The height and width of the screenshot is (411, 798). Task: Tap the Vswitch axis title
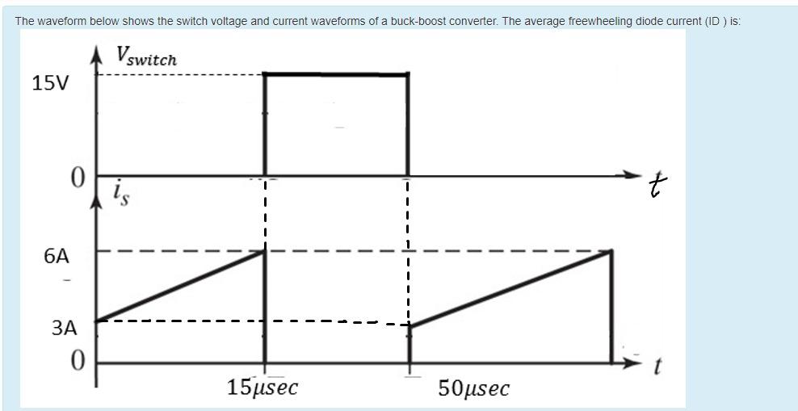pyautogui.click(x=146, y=57)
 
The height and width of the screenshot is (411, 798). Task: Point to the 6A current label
pyautogui.click(x=57, y=257)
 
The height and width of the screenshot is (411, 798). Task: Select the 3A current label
pyautogui.click(x=63, y=329)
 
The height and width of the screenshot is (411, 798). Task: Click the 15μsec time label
pyautogui.click(x=262, y=388)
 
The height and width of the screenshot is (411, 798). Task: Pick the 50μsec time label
pyautogui.click(x=473, y=388)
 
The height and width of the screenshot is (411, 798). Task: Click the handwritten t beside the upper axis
pyautogui.click(x=661, y=188)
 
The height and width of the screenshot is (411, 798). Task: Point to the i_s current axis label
pyautogui.click(x=120, y=193)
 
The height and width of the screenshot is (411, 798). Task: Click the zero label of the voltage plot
pyautogui.click(x=77, y=178)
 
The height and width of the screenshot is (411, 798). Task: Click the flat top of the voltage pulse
pyautogui.click(x=336, y=74)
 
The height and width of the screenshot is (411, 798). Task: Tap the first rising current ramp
pyautogui.click(x=181, y=286)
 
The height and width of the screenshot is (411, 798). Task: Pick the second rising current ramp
pyautogui.click(x=510, y=289)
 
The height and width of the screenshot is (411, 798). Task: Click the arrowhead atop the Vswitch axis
pyautogui.click(x=97, y=53)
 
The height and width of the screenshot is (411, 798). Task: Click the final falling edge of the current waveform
pyautogui.click(x=611, y=307)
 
